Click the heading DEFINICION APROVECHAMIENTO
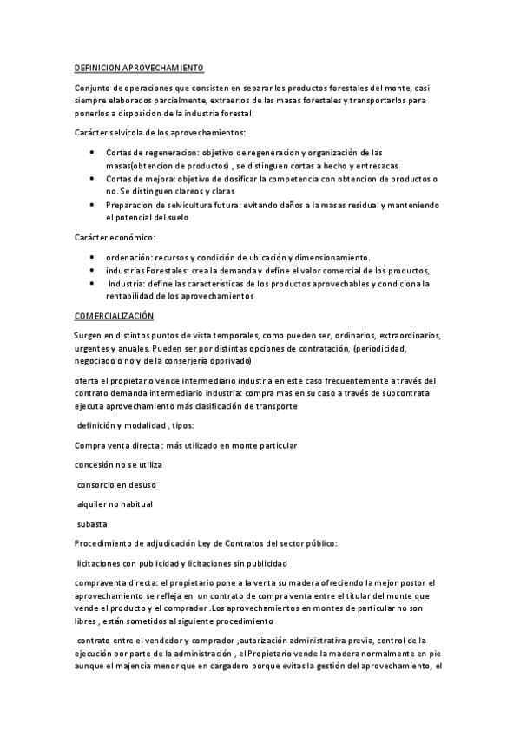click(x=139, y=67)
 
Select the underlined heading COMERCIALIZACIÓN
click(x=114, y=316)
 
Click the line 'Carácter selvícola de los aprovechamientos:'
click(x=161, y=133)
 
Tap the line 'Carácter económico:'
click(x=117, y=236)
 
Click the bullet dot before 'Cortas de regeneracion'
click(x=93, y=152)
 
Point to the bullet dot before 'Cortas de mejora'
click(x=93, y=178)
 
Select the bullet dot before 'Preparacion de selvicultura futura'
click(x=93, y=205)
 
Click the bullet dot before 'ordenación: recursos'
click(x=93, y=257)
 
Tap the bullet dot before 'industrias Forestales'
click(x=93, y=270)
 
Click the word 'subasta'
click(x=91, y=523)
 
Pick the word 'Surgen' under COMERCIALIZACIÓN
click(x=90, y=336)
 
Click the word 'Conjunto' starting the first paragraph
click(x=95, y=88)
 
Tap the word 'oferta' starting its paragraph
click(x=89, y=380)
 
